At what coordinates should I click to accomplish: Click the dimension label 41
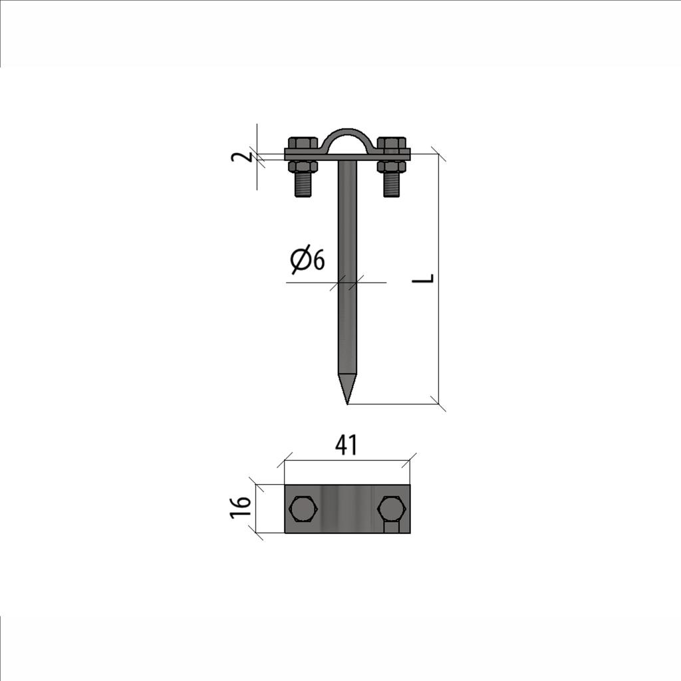[346, 445]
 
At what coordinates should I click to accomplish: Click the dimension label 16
[241, 507]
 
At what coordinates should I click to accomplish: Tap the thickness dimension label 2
[241, 155]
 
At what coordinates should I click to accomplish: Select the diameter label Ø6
[307, 260]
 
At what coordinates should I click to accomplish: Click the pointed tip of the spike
[347, 404]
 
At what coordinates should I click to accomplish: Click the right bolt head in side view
[392, 143]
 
